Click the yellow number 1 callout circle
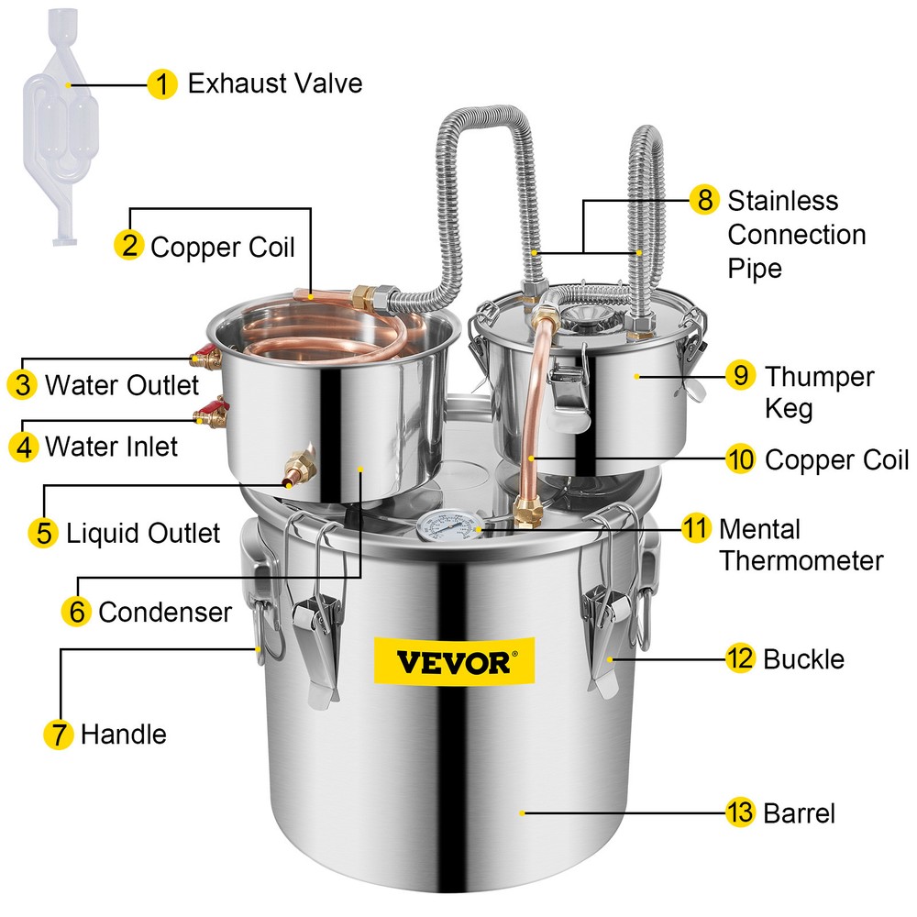162,85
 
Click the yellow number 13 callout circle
740,812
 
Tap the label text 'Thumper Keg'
819,392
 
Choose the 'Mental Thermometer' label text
801,545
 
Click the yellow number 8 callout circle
703,200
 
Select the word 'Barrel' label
799,813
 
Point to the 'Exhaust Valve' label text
275,84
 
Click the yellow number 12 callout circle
740,658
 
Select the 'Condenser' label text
165,612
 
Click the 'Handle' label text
124,734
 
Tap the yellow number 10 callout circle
740,458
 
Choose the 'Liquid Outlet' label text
143,533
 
